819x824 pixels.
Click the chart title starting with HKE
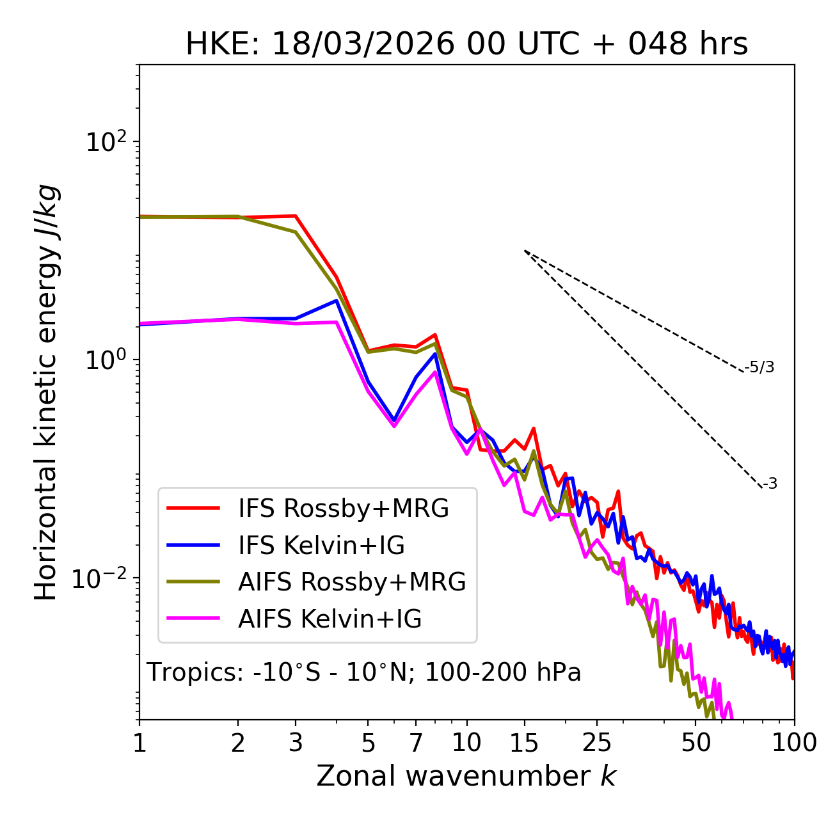tap(466, 44)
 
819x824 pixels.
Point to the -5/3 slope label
tap(759, 367)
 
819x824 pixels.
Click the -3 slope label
tap(770, 484)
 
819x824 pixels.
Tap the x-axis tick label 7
tap(416, 743)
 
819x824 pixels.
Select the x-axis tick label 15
tap(525, 743)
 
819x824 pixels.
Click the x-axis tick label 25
tap(597, 743)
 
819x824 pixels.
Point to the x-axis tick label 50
tap(696, 743)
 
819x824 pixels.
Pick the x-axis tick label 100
tap(793, 743)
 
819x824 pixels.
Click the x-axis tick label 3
tap(296, 743)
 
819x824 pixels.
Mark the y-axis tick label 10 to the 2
tap(106, 141)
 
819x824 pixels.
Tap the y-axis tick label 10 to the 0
tap(106, 360)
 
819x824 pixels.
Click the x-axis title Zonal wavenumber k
tap(466, 776)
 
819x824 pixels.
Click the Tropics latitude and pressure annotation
tap(364, 672)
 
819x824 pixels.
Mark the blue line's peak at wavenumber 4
tap(337, 300)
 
